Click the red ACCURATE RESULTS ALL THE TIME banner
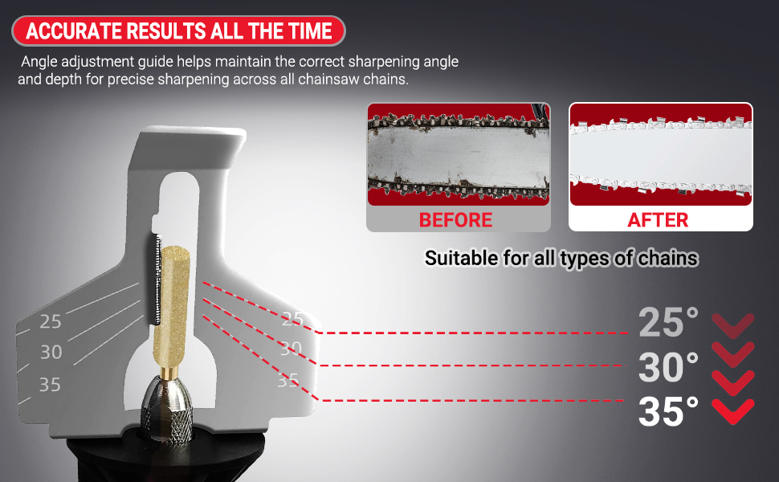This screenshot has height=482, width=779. pyautogui.click(x=178, y=31)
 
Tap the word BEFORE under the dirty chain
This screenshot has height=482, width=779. pyautogui.click(x=455, y=220)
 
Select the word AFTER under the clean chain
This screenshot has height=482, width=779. pyautogui.click(x=658, y=220)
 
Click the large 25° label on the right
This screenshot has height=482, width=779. pyautogui.click(x=668, y=322)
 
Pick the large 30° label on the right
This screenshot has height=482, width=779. pyautogui.click(x=668, y=366)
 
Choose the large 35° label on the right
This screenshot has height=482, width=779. pyautogui.click(x=668, y=411)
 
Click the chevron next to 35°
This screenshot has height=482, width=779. pyautogui.click(x=732, y=411)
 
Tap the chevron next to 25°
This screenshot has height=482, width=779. pyautogui.click(x=732, y=325)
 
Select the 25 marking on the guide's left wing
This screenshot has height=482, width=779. pyautogui.click(x=51, y=322)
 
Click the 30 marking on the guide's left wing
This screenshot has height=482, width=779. pyautogui.click(x=51, y=353)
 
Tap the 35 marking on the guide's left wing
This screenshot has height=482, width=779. pyautogui.click(x=50, y=385)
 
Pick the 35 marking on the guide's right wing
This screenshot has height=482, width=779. pyautogui.click(x=288, y=381)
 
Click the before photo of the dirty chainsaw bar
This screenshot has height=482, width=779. pyautogui.click(x=459, y=154)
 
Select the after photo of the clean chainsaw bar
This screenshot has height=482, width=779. pyautogui.click(x=661, y=154)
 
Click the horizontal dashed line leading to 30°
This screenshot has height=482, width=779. pyautogui.click(x=473, y=366)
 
